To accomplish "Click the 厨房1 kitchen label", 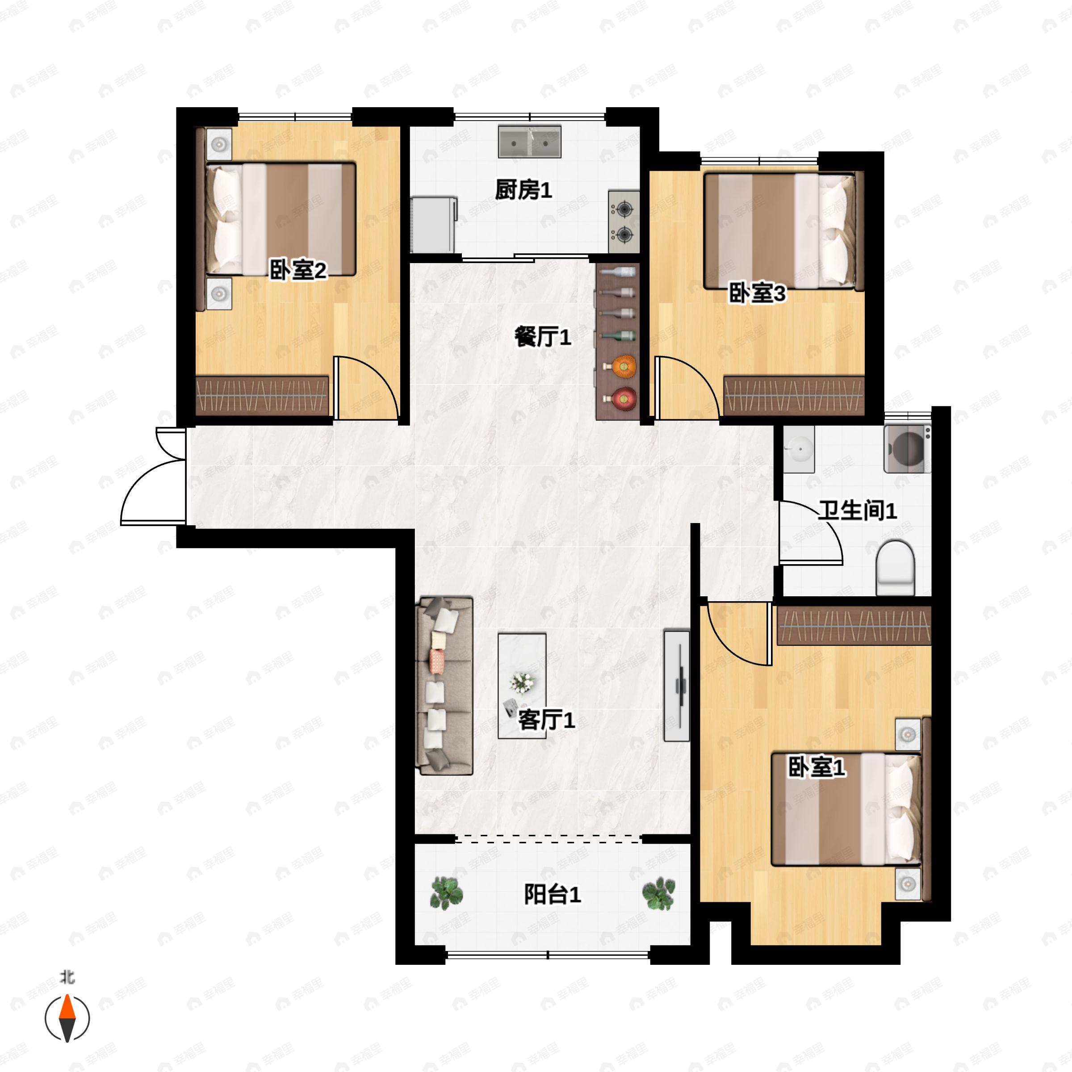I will coord(523,190).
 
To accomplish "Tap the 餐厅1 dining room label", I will coord(542,337).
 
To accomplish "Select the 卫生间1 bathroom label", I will coord(857,511).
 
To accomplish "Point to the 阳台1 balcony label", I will coord(552,894).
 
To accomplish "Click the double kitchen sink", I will coord(529,142).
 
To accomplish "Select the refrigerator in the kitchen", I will coord(433,224).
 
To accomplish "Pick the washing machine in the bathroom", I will coord(907,448).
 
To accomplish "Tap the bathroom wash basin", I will coord(799,449).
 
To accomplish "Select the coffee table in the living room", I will coord(522,686).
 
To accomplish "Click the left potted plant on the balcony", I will coord(447,893).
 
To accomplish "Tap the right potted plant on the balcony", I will coord(659,893).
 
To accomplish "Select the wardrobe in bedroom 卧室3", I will coord(793,396).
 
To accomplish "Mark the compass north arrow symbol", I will coord(67,1018).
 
